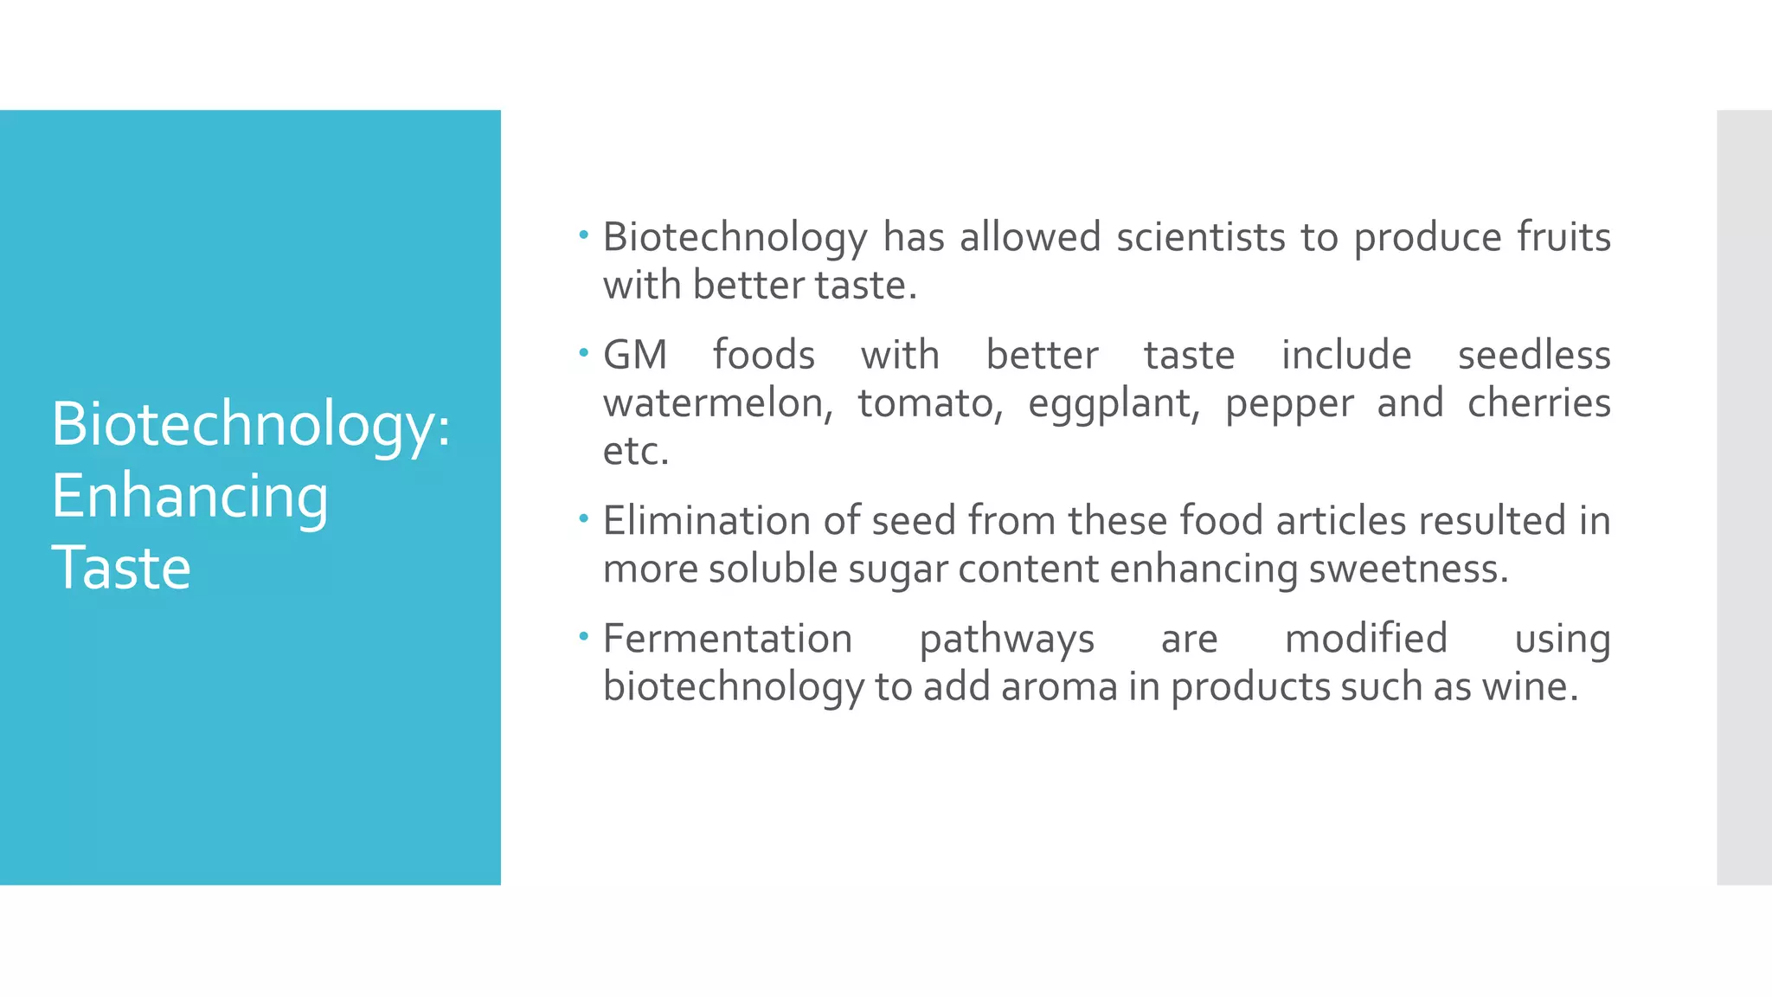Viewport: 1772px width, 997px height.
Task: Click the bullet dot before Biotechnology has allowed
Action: pyautogui.click(x=584, y=234)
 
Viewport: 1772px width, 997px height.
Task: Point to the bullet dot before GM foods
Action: pyautogui.click(x=584, y=351)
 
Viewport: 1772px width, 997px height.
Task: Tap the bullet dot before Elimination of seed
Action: pyautogui.click(x=584, y=518)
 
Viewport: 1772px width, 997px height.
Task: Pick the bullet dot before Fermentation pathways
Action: pyautogui.click(x=584, y=635)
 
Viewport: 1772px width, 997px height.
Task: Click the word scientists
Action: pyautogui.click(x=1200, y=237)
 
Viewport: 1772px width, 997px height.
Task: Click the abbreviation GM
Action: pyautogui.click(x=634, y=355)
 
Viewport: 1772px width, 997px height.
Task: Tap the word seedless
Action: pyautogui.click(x=1534, y=355)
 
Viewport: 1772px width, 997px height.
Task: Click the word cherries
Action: pyautogui.click(x=1539, y=403)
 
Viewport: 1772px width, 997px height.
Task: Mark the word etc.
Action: pyautogui.click(x=636, y=452)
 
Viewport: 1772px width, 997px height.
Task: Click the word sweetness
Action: pyautogui.click(x=1408, y=569)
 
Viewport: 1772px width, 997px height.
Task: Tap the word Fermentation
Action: pyautogui.click(x=728, y=639)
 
